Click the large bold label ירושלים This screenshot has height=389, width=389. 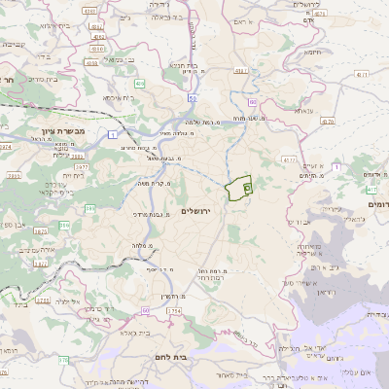202,210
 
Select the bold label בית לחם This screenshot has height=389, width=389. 169,357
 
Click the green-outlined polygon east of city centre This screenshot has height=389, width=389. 238,189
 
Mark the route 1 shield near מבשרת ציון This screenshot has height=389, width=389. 113,132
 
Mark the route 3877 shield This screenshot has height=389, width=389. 83,166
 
